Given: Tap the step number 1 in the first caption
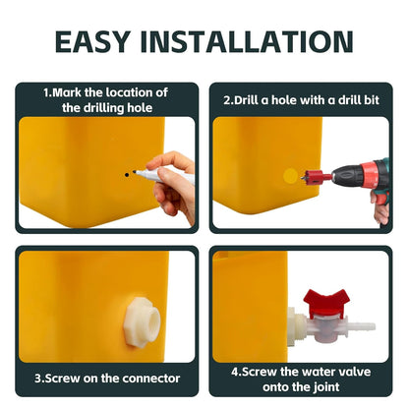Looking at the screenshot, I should coord(46,92).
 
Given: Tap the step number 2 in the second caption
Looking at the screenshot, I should coord(226,99).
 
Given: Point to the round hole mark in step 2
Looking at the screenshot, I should coord(290,175).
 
